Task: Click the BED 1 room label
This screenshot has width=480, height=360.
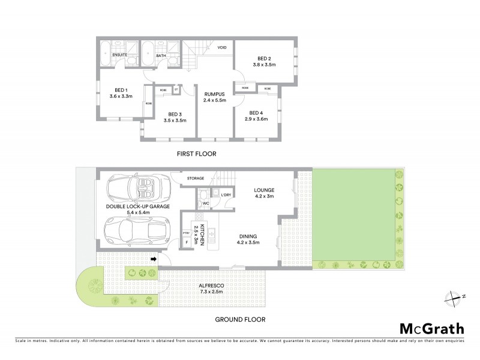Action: [x=121, y=90]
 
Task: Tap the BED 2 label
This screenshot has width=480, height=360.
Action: [x=263, y=59]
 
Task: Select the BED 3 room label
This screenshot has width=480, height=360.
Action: [x=175, y=115]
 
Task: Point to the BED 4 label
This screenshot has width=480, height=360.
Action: [x=257, y=113]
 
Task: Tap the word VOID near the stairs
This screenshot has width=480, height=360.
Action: [x=222, y=47]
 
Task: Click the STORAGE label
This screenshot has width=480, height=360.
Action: [x=195, y=178]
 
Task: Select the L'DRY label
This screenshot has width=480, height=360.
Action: [x=226, y=196]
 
